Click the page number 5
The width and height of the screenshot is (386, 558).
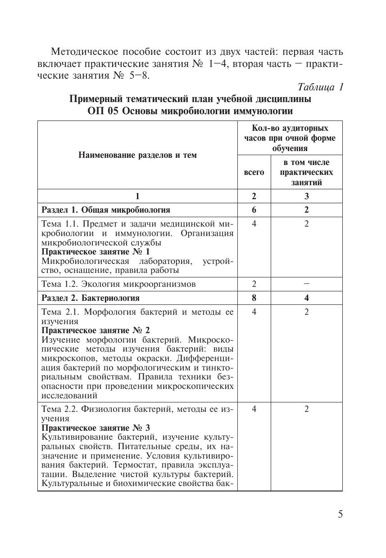coord(341,514)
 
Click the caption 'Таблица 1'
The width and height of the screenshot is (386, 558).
coord(321,87)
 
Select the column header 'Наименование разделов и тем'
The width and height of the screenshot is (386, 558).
coord(137,155)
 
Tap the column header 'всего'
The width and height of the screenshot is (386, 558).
coord(254,172)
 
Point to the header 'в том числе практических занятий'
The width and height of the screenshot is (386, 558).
coord(306,172)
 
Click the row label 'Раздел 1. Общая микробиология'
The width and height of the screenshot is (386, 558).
coord(106,210)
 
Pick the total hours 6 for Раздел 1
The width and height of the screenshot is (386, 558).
coord(254,210)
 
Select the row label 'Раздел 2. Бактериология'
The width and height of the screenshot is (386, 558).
coord(91,298)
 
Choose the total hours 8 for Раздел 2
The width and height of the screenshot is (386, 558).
coord(254,298)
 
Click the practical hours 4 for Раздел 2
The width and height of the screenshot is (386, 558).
coord(306,298)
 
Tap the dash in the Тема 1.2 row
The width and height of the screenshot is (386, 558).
coord(306,284)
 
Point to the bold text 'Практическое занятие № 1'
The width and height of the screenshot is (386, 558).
coord(95,251)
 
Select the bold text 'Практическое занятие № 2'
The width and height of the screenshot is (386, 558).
coord(95,330)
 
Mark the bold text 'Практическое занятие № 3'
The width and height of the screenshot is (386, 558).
coord(95,427)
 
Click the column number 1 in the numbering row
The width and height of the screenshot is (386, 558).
coord(138,196)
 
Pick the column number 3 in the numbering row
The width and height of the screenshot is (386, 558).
coord(306,196)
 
